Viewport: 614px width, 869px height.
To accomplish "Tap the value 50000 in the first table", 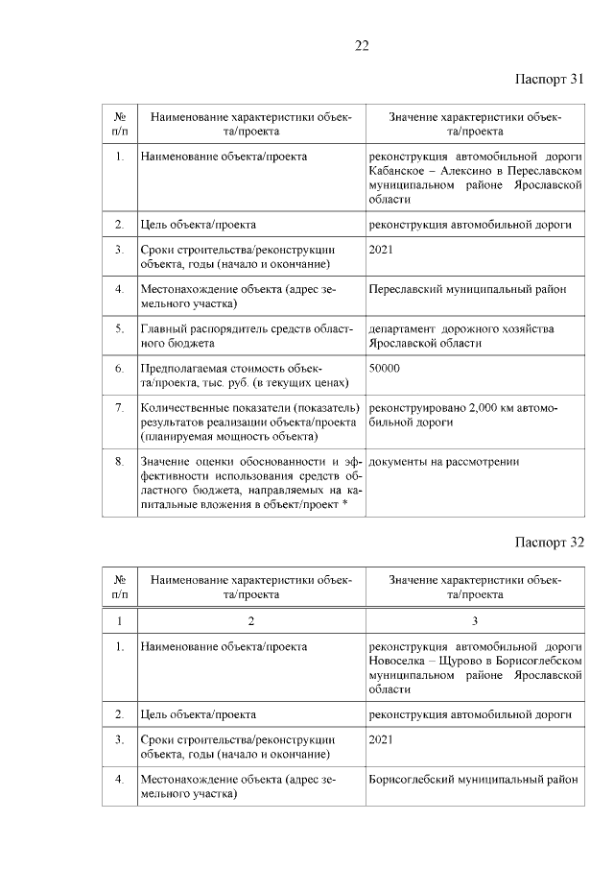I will [384, 368].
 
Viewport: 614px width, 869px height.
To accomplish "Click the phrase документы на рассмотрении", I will [444, 462].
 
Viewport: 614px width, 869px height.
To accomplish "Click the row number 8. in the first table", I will [119, 462].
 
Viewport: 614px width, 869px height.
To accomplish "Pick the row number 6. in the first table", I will [119, 368].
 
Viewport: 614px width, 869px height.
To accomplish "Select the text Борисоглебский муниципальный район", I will [473, 779].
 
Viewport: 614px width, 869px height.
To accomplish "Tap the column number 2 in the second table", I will [250, 620].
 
